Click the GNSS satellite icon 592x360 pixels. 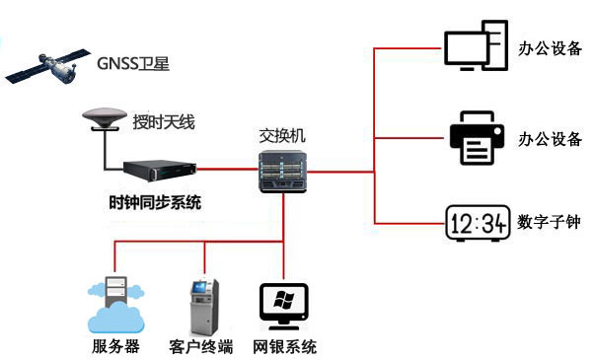click(x=45, y=67)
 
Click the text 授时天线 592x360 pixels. click(x=164, y=123)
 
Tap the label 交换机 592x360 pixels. click(x=282, y=135)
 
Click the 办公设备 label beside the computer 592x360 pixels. click(x=550, y=46)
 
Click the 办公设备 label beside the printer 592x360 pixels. click(x=550, y=139)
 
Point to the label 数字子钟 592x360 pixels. click(x=550, y=223)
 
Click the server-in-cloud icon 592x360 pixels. click(x=114, y=306)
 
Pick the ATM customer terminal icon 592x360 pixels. click(x=202, y=307)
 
